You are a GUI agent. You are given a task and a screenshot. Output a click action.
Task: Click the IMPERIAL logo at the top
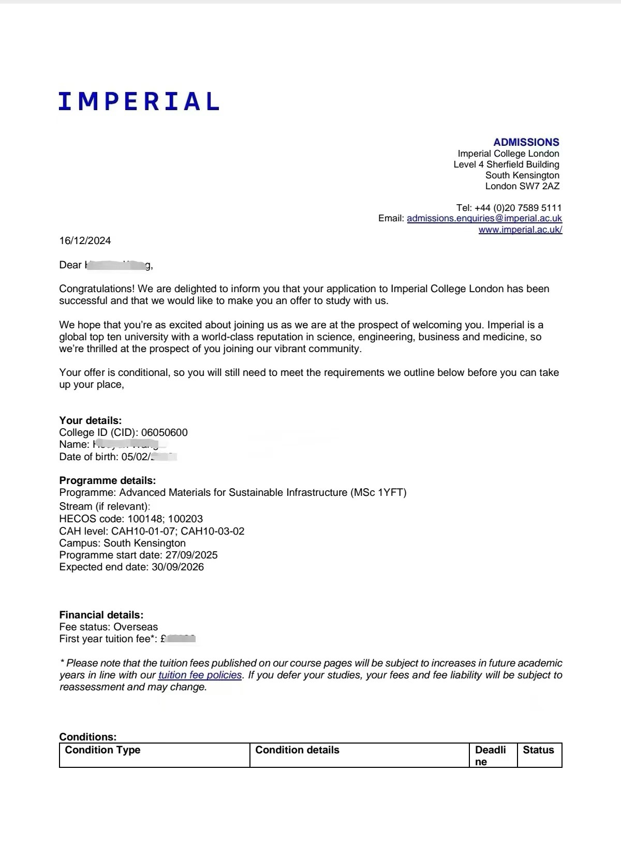[x=139, y=101]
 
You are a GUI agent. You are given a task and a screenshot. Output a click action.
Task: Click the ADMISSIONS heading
[x=526, y=142]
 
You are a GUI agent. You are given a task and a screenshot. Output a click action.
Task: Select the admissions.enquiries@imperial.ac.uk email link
[x=484, y=218]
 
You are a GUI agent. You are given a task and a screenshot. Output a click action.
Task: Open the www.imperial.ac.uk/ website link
[x=520, y=230]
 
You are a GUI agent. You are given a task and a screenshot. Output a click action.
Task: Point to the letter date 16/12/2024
[x=85, y=240]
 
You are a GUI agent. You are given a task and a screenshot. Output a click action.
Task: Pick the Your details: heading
[x=91, y=420]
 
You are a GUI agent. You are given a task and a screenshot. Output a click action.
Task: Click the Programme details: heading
[x=108, y=480]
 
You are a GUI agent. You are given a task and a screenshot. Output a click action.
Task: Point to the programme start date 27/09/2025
[x=191, y=555]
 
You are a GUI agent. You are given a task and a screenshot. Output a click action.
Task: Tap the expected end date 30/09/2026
[x=178, y=567]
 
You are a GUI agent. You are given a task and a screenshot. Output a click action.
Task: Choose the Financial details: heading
[x=101, y=615]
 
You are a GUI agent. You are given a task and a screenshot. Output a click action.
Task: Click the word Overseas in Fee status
[x=136, y=627]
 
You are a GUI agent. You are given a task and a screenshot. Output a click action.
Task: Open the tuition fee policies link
[x=200, y=675]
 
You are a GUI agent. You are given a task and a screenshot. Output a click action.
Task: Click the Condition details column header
[x=297, y=750]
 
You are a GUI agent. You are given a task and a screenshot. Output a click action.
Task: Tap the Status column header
[x=538, y=750]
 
